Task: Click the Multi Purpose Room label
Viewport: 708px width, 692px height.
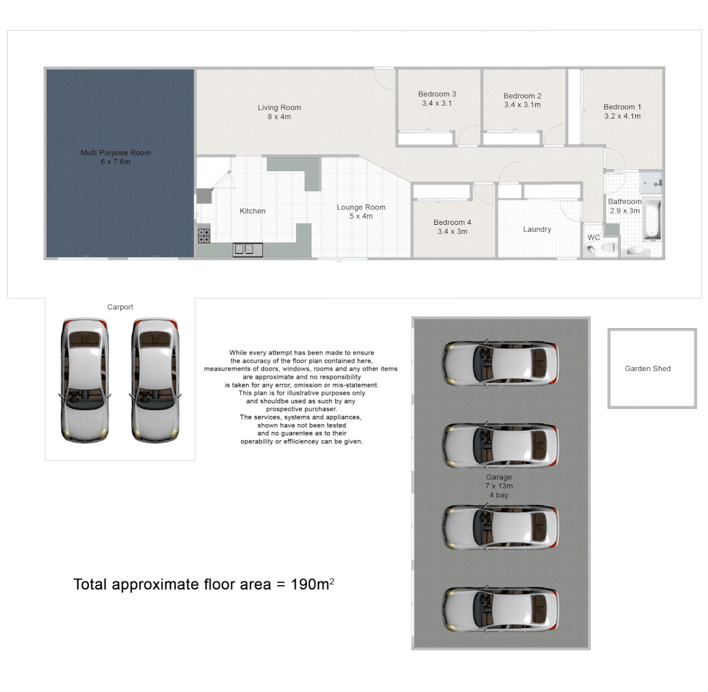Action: (x=115, y=153)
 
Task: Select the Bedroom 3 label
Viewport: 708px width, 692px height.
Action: (x=437, y=94)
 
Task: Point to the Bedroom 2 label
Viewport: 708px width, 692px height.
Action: (x=522, y=96)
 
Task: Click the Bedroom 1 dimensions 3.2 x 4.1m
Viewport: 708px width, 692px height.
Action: (x=622, y=117)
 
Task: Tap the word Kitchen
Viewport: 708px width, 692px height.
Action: (x=252, y=211)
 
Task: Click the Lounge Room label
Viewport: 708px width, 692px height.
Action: (x=361, y=208)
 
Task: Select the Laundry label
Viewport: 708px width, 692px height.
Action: (x=537, y=229)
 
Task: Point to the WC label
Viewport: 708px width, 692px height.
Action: (x=594, y=238)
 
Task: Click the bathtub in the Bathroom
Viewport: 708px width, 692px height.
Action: (x=652, y=220)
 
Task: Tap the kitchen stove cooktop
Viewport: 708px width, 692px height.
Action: (x=204, y=236)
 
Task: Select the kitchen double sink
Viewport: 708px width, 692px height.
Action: (x=247, y=249)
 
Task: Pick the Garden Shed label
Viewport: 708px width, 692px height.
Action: (x=648, y=368)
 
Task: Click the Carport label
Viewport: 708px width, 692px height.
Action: (x=120, y=308)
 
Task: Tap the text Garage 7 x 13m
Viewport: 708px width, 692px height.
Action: (x=499, y=481)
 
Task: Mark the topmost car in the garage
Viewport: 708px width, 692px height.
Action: (x=500, y=363)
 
